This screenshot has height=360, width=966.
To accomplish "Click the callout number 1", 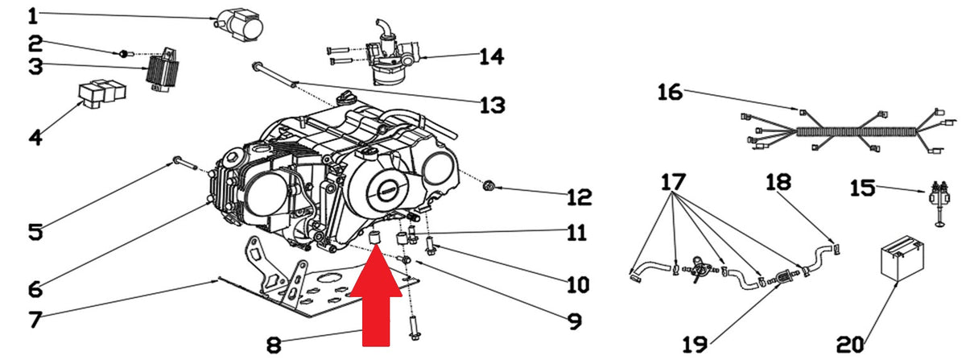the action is pyautogui.click(x=33, y=16).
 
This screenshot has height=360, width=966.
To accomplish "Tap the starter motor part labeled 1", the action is pyautogui.click(x=239, y=26).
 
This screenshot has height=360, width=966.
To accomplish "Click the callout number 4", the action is pyautogui.click(x=35, y=137).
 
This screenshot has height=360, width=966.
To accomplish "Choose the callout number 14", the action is pyautogui.click(x=492, y=56).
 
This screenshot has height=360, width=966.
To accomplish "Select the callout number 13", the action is pyautogui.click(x=493, y=105).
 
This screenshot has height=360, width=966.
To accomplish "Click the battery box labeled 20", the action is pyautogui.click(x=902, y=258).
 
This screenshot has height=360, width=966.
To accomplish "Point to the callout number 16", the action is pyautogui.click(x=670, y=92).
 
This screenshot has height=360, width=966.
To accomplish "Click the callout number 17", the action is pyautogui.click(x=673, y=182).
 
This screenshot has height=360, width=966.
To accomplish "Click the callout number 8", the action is pyautogui.click(x=274, y=345).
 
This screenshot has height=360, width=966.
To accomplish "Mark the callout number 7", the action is pyautogui.click(x=35, y=320).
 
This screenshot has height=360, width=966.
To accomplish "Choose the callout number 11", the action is pyautogui.click(x=576, y=232).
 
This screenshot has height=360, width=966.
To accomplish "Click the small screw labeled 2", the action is pyautogui.click(x=122, y=54).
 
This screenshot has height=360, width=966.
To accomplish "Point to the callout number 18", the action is pyautogui.click(x=778, y=182).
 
